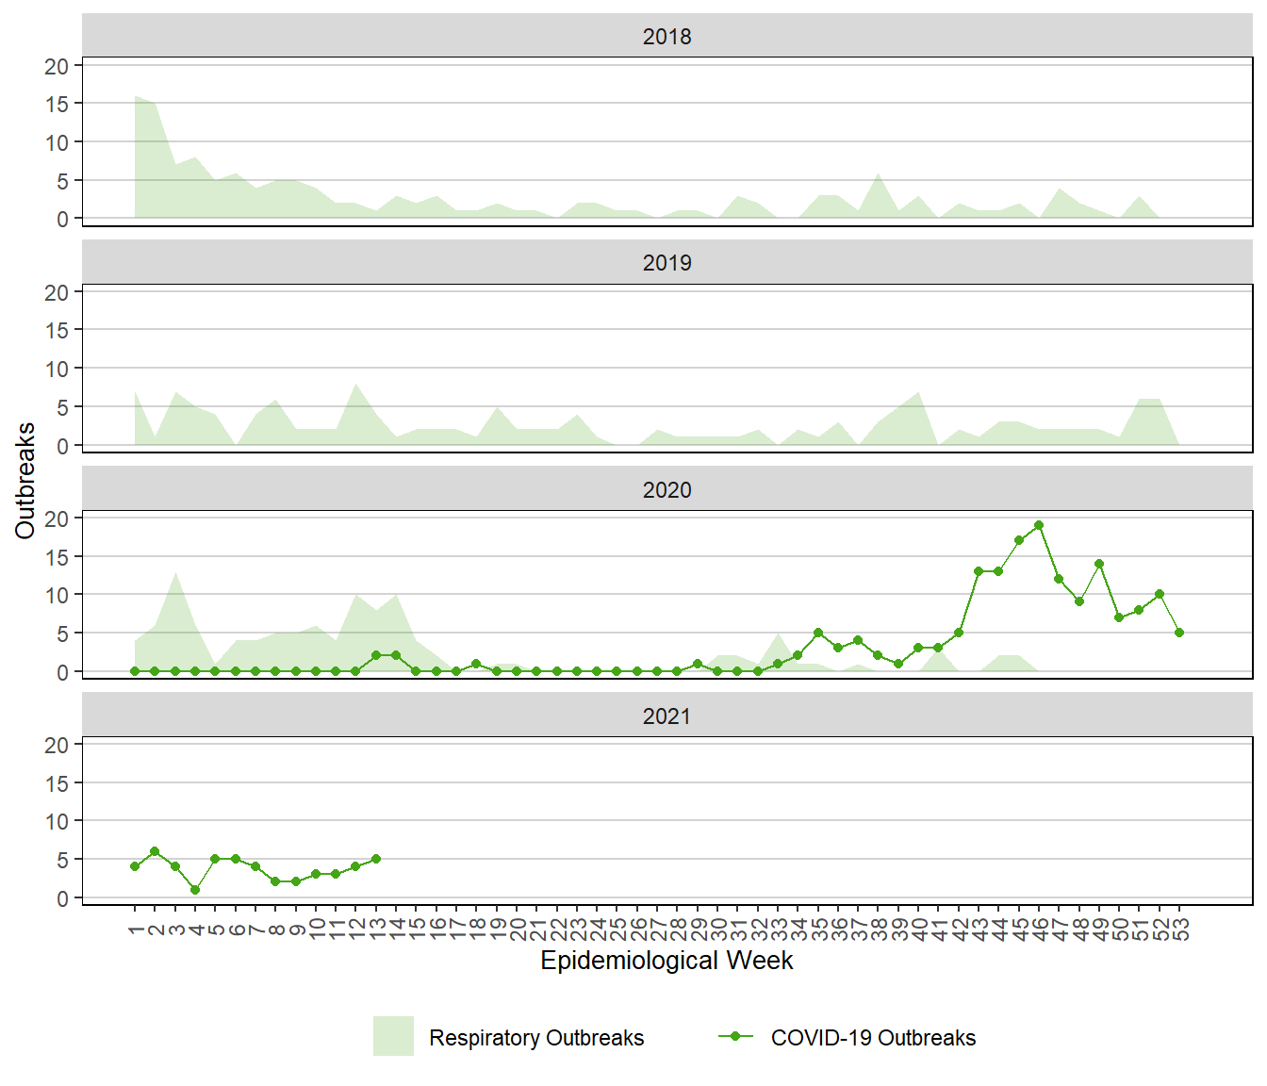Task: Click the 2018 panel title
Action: point(666,37)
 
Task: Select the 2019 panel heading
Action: point(666,263)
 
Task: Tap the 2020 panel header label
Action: point(666,490)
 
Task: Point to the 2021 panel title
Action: point(666,716)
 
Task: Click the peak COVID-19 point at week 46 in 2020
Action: point(1039,525)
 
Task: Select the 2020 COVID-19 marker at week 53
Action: point(1179,633)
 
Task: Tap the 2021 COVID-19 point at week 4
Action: point(195,890)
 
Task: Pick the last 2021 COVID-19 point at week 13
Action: point(376,859)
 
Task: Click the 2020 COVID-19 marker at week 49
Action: point(1099,564)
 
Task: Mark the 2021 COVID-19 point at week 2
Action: point(155,851)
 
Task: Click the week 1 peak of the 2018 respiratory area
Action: point(136,96)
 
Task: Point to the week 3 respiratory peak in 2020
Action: point(175,572)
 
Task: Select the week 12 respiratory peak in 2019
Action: point(356,385)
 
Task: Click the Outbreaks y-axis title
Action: point(25,481)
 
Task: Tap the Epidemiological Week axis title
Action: point(666,961)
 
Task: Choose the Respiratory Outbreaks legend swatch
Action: point(393,1036)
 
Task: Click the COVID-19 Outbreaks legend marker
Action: point(735,1036)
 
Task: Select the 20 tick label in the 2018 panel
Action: point(57,66)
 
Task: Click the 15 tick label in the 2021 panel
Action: point(57,783)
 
